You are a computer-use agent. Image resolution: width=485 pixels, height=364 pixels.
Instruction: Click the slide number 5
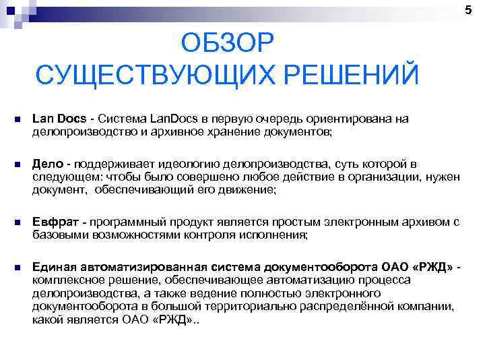pos(477,8)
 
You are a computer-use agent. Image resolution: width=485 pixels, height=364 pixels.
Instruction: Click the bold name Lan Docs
pos(59,119)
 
